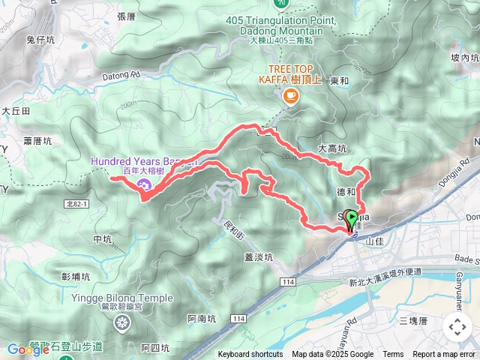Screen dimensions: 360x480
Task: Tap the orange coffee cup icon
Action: coord(290,95)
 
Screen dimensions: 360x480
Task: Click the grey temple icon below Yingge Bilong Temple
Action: coord(121,323)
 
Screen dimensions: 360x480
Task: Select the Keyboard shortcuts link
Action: coord(250,355)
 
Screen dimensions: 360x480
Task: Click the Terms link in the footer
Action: coord(393,355)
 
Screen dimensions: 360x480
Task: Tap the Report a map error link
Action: coord(445,355)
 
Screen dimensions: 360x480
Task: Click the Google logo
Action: coord(28,349)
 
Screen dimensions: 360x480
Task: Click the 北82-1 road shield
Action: coord(76,204)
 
